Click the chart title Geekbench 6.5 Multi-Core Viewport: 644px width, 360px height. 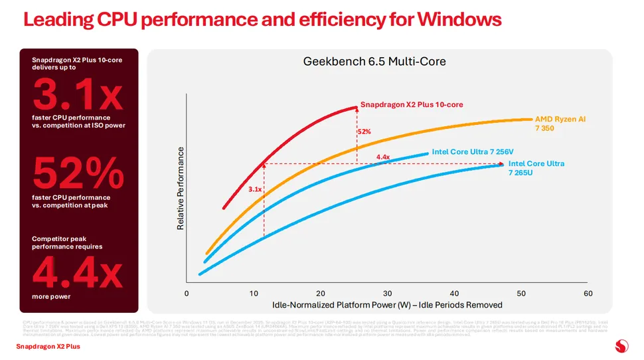[x=374, y=62]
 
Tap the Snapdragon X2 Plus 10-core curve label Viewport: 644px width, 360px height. [x=412, y=104]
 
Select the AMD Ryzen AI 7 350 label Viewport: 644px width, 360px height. [x=560, y=124]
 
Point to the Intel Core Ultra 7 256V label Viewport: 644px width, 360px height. [x=472, y=151]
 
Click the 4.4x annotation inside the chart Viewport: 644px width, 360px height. [x=383, y=157]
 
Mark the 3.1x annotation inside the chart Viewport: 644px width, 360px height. [x=256, y=189]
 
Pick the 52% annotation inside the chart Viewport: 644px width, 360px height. [x=364, y=132]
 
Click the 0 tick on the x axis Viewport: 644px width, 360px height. [x=187, y=294]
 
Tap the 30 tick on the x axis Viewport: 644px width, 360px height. [x=388, y=294]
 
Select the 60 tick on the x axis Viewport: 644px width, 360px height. [x=588, y=294]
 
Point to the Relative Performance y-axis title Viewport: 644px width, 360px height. [x=180, y=189]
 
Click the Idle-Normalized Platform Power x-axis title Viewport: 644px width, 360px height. [x=387, y=305]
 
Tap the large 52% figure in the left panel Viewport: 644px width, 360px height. [x=78, y=173]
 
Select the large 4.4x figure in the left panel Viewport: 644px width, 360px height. [x=78, y=271]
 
